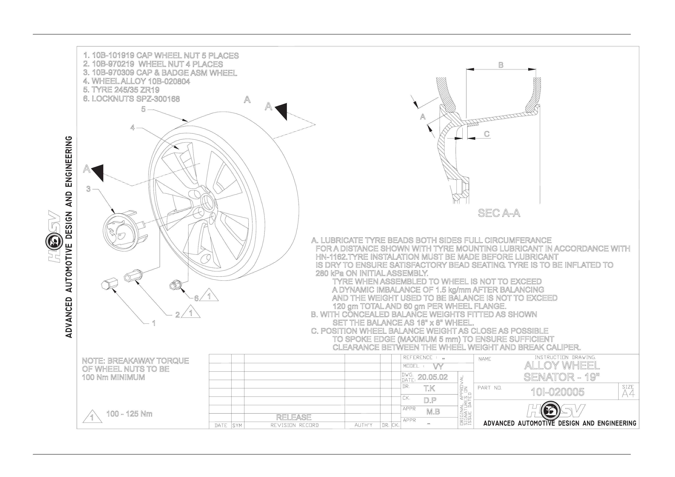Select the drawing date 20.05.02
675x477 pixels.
[x=433, y=377]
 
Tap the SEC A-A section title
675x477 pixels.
[x=499, y=213]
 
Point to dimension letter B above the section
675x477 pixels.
[x=501, y=65]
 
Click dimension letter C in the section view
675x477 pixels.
[x=487, y=134]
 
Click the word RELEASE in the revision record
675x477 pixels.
[x=294, y=417]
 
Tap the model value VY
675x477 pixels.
[x=438, y=367]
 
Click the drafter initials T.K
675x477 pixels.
[x=429, y=388]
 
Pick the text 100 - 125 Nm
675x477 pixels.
[x=129, y=414]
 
